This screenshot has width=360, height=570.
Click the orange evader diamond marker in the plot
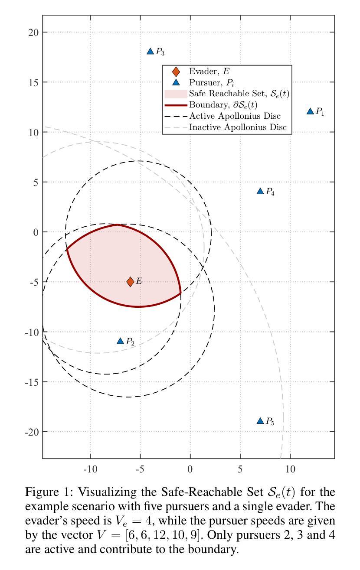[x=130, y=282]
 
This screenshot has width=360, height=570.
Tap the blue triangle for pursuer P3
[x=151, y=52]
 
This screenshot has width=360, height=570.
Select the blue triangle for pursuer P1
[x=310, y=111]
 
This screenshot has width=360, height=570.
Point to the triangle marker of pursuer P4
[x=260, y=191]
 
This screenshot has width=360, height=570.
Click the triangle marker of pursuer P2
[x=121, y=341]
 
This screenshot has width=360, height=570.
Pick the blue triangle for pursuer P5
[x=260, y=421]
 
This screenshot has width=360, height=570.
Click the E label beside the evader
[x=139, y=282]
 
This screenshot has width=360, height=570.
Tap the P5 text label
[x=270, y=421]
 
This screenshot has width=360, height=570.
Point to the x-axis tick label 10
[x=290, y=469]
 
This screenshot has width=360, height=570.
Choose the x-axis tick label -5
[x=139, y=469]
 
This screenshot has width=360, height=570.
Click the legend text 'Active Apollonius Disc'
[x=235, y=116]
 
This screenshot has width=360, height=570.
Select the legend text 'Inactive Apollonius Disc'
[x=238, y=127]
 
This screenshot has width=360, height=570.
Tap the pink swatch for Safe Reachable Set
[x=175, y=94]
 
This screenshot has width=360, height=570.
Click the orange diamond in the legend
[x=176, y=72]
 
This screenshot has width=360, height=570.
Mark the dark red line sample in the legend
[x=175, y=105]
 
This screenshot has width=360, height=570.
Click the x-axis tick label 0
[x=190, y=469]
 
